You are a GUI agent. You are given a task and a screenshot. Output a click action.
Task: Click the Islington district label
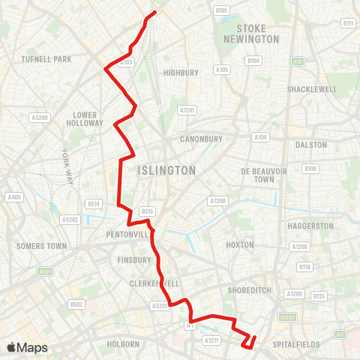167,171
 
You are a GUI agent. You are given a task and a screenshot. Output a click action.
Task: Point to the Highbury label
181,73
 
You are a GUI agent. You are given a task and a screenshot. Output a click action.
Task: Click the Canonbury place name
202,139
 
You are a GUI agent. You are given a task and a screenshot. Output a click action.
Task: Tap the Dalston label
312,144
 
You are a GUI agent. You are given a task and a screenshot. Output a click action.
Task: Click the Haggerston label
310,226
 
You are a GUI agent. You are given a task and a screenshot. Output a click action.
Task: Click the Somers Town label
41,246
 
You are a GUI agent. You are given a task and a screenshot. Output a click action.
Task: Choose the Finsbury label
135,260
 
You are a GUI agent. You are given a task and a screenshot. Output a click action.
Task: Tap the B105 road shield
221,10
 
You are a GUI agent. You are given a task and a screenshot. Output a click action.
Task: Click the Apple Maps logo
27,347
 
